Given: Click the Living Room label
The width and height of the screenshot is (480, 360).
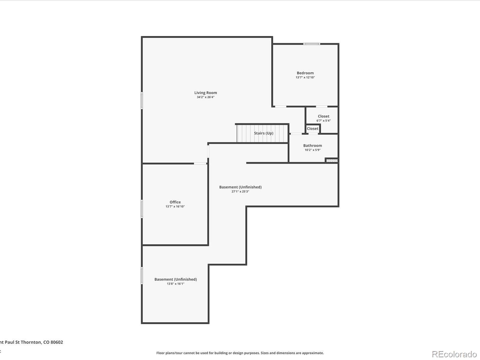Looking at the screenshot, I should click(x=205, y=93).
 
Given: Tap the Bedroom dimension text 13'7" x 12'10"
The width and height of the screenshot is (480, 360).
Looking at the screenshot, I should click(x=305, y=77).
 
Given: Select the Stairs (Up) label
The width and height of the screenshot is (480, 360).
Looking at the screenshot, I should click(x=263, y=133).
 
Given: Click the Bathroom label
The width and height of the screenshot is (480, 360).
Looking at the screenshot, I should click(x=312, y=145).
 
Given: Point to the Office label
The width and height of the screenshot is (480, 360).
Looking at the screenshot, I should click(x=175, y=202).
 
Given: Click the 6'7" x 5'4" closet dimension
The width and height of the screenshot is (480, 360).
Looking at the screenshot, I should click(x=323, y=121).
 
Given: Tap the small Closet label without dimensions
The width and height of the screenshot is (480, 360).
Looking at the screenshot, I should click(x=312, y=128).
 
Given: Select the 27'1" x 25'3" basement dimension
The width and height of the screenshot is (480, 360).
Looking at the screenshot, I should click(x=240, y=191).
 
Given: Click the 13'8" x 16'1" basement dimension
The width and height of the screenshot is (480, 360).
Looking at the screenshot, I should click(x=175, y=284).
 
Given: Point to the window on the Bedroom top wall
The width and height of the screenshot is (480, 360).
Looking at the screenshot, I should click(x=311, y=44).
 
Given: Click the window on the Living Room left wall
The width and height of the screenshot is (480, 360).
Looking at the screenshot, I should click(x=142, y=100).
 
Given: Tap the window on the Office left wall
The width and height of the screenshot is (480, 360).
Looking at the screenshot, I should click(x=142, y=209).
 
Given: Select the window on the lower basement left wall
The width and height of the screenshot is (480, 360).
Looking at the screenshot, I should click(x=142, y=276).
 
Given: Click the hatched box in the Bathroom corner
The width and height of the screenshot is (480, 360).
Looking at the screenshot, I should click(x=332, y=161).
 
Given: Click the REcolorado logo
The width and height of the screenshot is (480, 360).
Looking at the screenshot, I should click(x=454, y=354).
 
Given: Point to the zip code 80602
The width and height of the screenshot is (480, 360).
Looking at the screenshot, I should click(x=57, y=342).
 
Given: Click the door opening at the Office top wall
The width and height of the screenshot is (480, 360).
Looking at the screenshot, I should click(x=200, y=163).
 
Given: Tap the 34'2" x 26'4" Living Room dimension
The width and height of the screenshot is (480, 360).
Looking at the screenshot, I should click(x=205, y=97).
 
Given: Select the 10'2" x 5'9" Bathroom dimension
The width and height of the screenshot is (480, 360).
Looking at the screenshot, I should click(x=312, y=150).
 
